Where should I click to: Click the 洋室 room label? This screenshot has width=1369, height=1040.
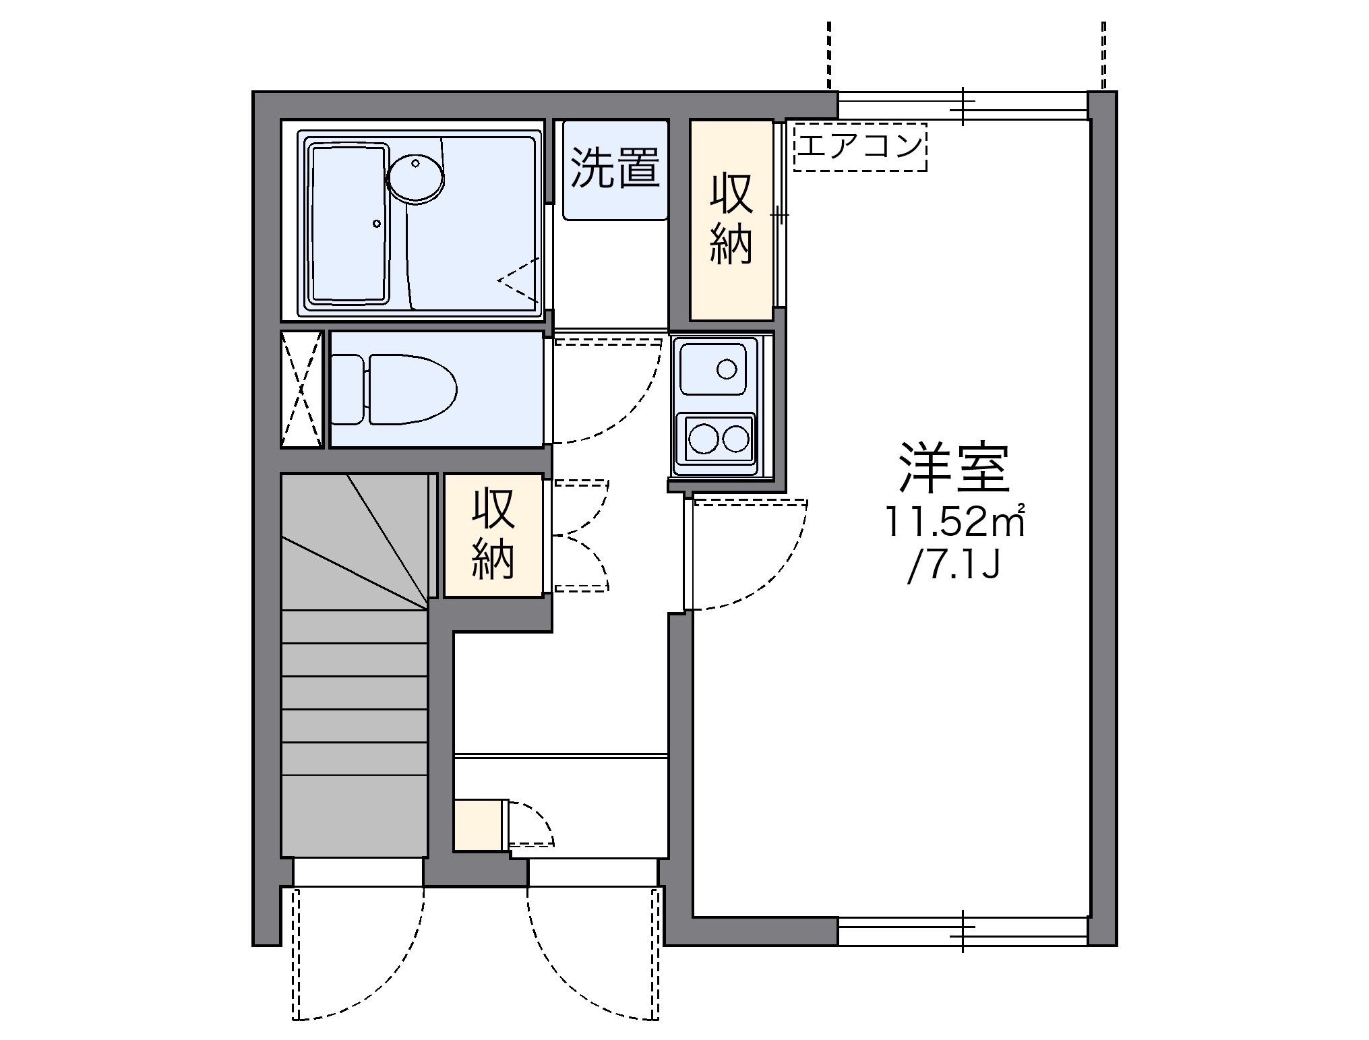coord(954,467)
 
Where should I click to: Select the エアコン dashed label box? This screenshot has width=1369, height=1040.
coord(860,146)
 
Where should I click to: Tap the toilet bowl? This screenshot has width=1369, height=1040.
coord(411,389)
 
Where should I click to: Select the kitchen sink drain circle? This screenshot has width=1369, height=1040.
coord(727,369)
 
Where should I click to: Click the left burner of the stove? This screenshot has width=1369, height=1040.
coord(703,439)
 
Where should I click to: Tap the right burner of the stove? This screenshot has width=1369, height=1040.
coord(735,439)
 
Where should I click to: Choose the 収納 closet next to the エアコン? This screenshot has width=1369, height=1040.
coord(731,219)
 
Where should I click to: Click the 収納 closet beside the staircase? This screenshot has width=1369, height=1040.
coord(493,534)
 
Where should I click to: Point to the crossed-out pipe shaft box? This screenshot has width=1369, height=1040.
coord(301,389)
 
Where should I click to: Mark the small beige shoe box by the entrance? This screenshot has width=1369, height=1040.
coord(478,825)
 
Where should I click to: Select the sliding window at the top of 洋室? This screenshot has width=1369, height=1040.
coord(963,106)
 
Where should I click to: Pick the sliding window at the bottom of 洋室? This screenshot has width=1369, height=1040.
coord(963,931)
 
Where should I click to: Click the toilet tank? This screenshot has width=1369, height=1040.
coord(347,389)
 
